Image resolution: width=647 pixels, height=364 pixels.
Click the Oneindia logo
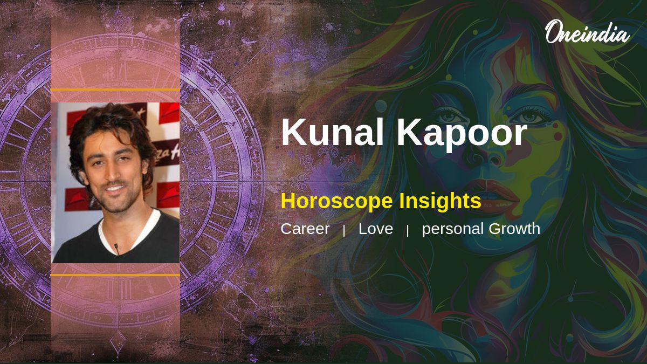tap(588, 32)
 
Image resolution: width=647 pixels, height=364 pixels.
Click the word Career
tap(305, 229)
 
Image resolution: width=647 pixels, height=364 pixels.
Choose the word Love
tap(376, 229)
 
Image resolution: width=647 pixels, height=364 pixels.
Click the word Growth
tap(514, 229)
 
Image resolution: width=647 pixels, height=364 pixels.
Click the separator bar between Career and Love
tap(344, 231)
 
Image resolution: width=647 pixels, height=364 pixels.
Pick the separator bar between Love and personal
tap(408, 231)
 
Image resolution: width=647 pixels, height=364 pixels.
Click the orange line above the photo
tap(115, 90)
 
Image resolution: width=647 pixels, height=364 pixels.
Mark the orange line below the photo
tap(115, 275)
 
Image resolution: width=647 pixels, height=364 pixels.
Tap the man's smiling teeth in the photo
tap(115, 189)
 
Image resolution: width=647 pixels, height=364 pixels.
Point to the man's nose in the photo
tap(111, 171)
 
